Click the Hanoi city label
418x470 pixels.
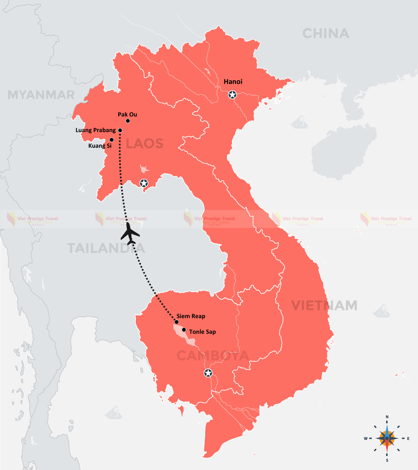(x=233, y=82)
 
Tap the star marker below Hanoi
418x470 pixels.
(x=233, y=95)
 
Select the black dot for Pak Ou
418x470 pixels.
(x=128, y=121)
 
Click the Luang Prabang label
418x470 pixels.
(x=96, y=130)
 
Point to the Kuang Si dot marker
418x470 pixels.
(x=112, y=140)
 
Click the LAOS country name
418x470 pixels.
(x=145, y=144)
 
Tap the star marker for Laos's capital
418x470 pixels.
(x=144, y=183)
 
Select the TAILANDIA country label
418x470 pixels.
(x=106, y=248)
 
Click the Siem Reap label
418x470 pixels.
(x=191, y=316)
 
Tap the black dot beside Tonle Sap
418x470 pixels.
(x=184, y=330)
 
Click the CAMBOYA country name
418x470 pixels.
(x=213, y=355)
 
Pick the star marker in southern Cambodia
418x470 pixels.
(x=208, y=373)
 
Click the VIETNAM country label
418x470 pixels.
(x=324, y=305)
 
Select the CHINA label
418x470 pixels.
(x=325, y=33)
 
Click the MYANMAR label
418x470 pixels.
(x=41, y=95)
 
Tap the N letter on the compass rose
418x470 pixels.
(x=387, y=417)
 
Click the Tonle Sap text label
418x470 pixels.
(x=202, y=332)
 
